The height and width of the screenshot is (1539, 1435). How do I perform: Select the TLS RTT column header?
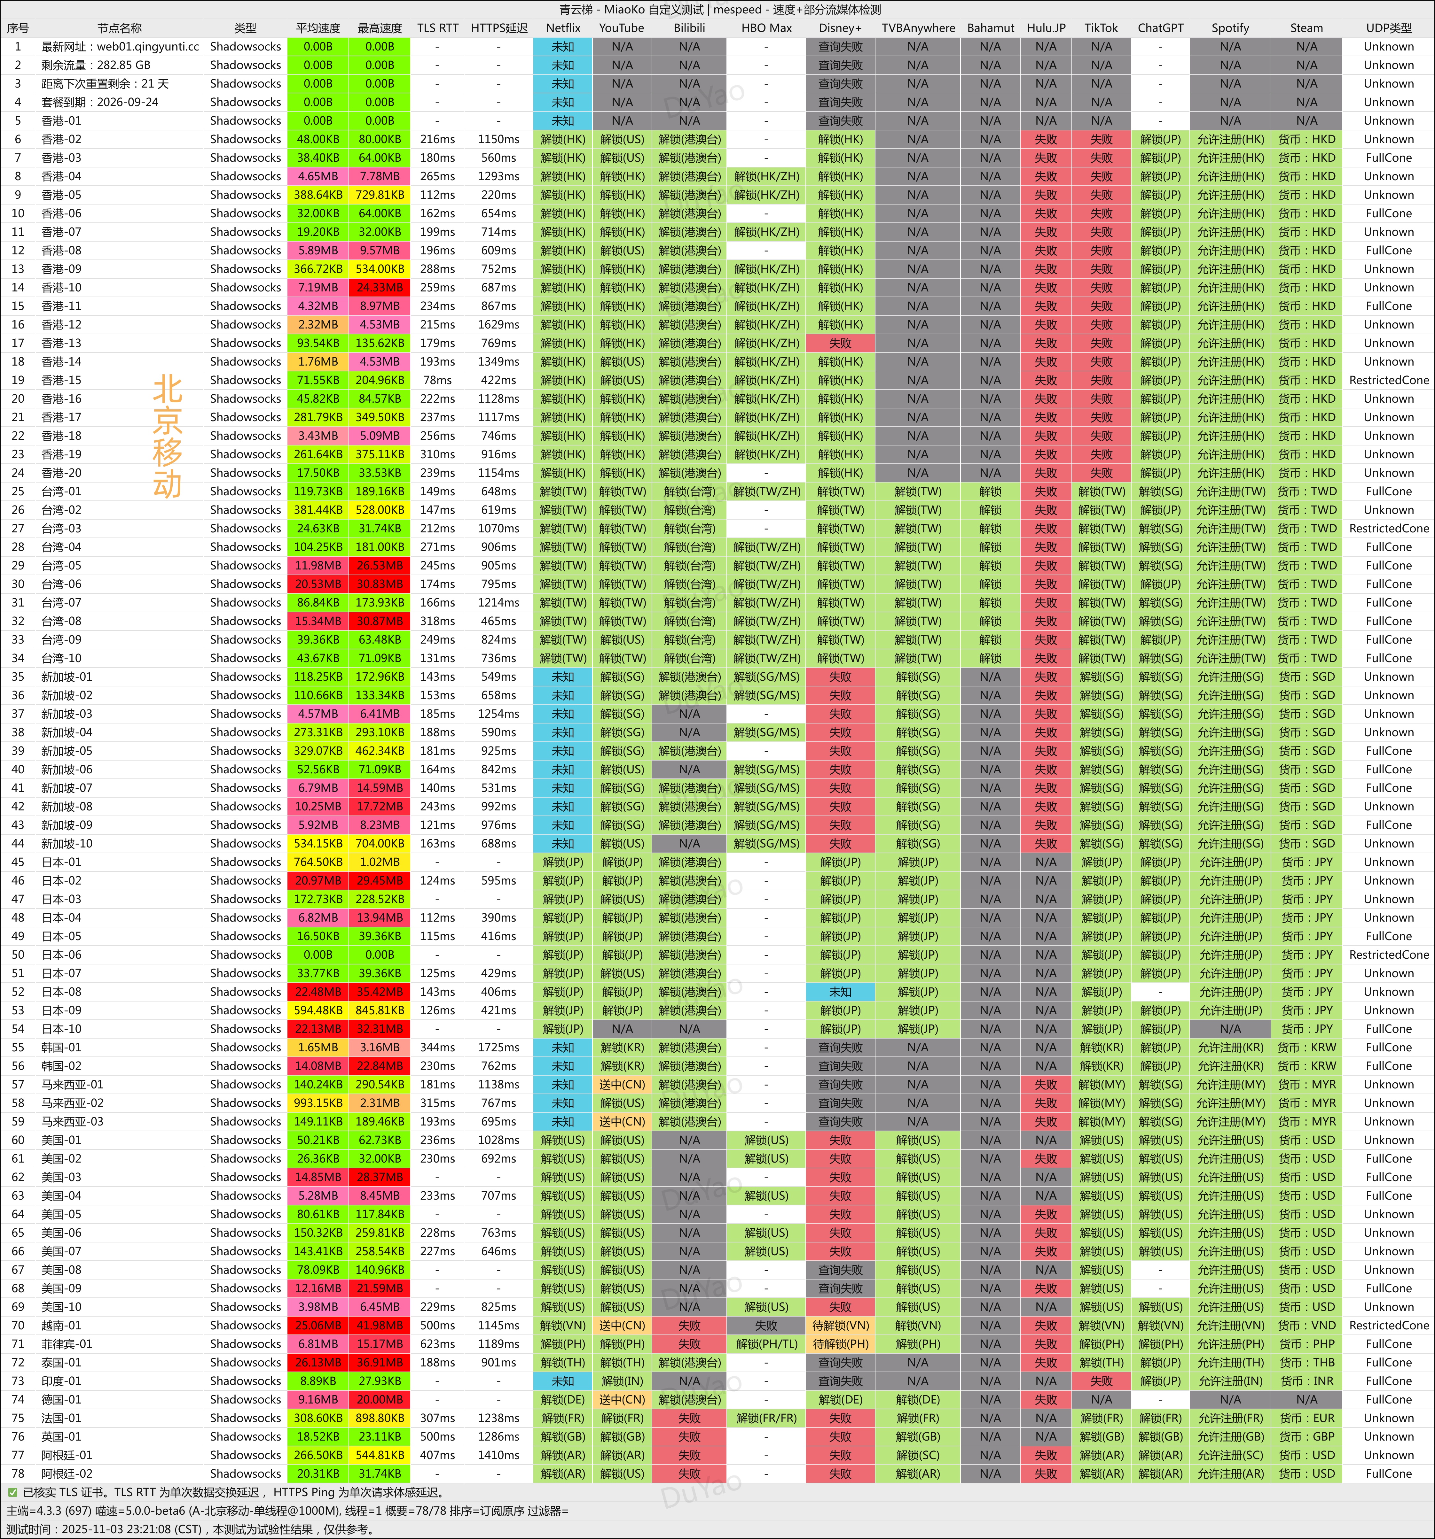click(x=437, y=28)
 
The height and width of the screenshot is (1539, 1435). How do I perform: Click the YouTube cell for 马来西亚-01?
click(x=622, y=1085)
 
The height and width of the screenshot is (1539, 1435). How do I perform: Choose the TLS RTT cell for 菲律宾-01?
click(x=437, y=1344)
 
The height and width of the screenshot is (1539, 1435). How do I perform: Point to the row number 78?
click(x=18, y=1474)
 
